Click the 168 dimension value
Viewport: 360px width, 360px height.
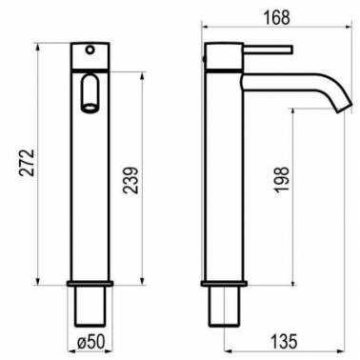[277, 17]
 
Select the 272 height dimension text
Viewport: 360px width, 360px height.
[27, 163]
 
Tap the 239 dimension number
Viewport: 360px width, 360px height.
[130, 180]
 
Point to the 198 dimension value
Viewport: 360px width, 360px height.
[282, 180]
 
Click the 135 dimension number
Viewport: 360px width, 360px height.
[284, 342]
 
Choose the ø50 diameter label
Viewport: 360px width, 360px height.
[90, 342]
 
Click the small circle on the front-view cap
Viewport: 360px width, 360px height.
[90, 50]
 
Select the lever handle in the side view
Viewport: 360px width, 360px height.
[268, 50]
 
